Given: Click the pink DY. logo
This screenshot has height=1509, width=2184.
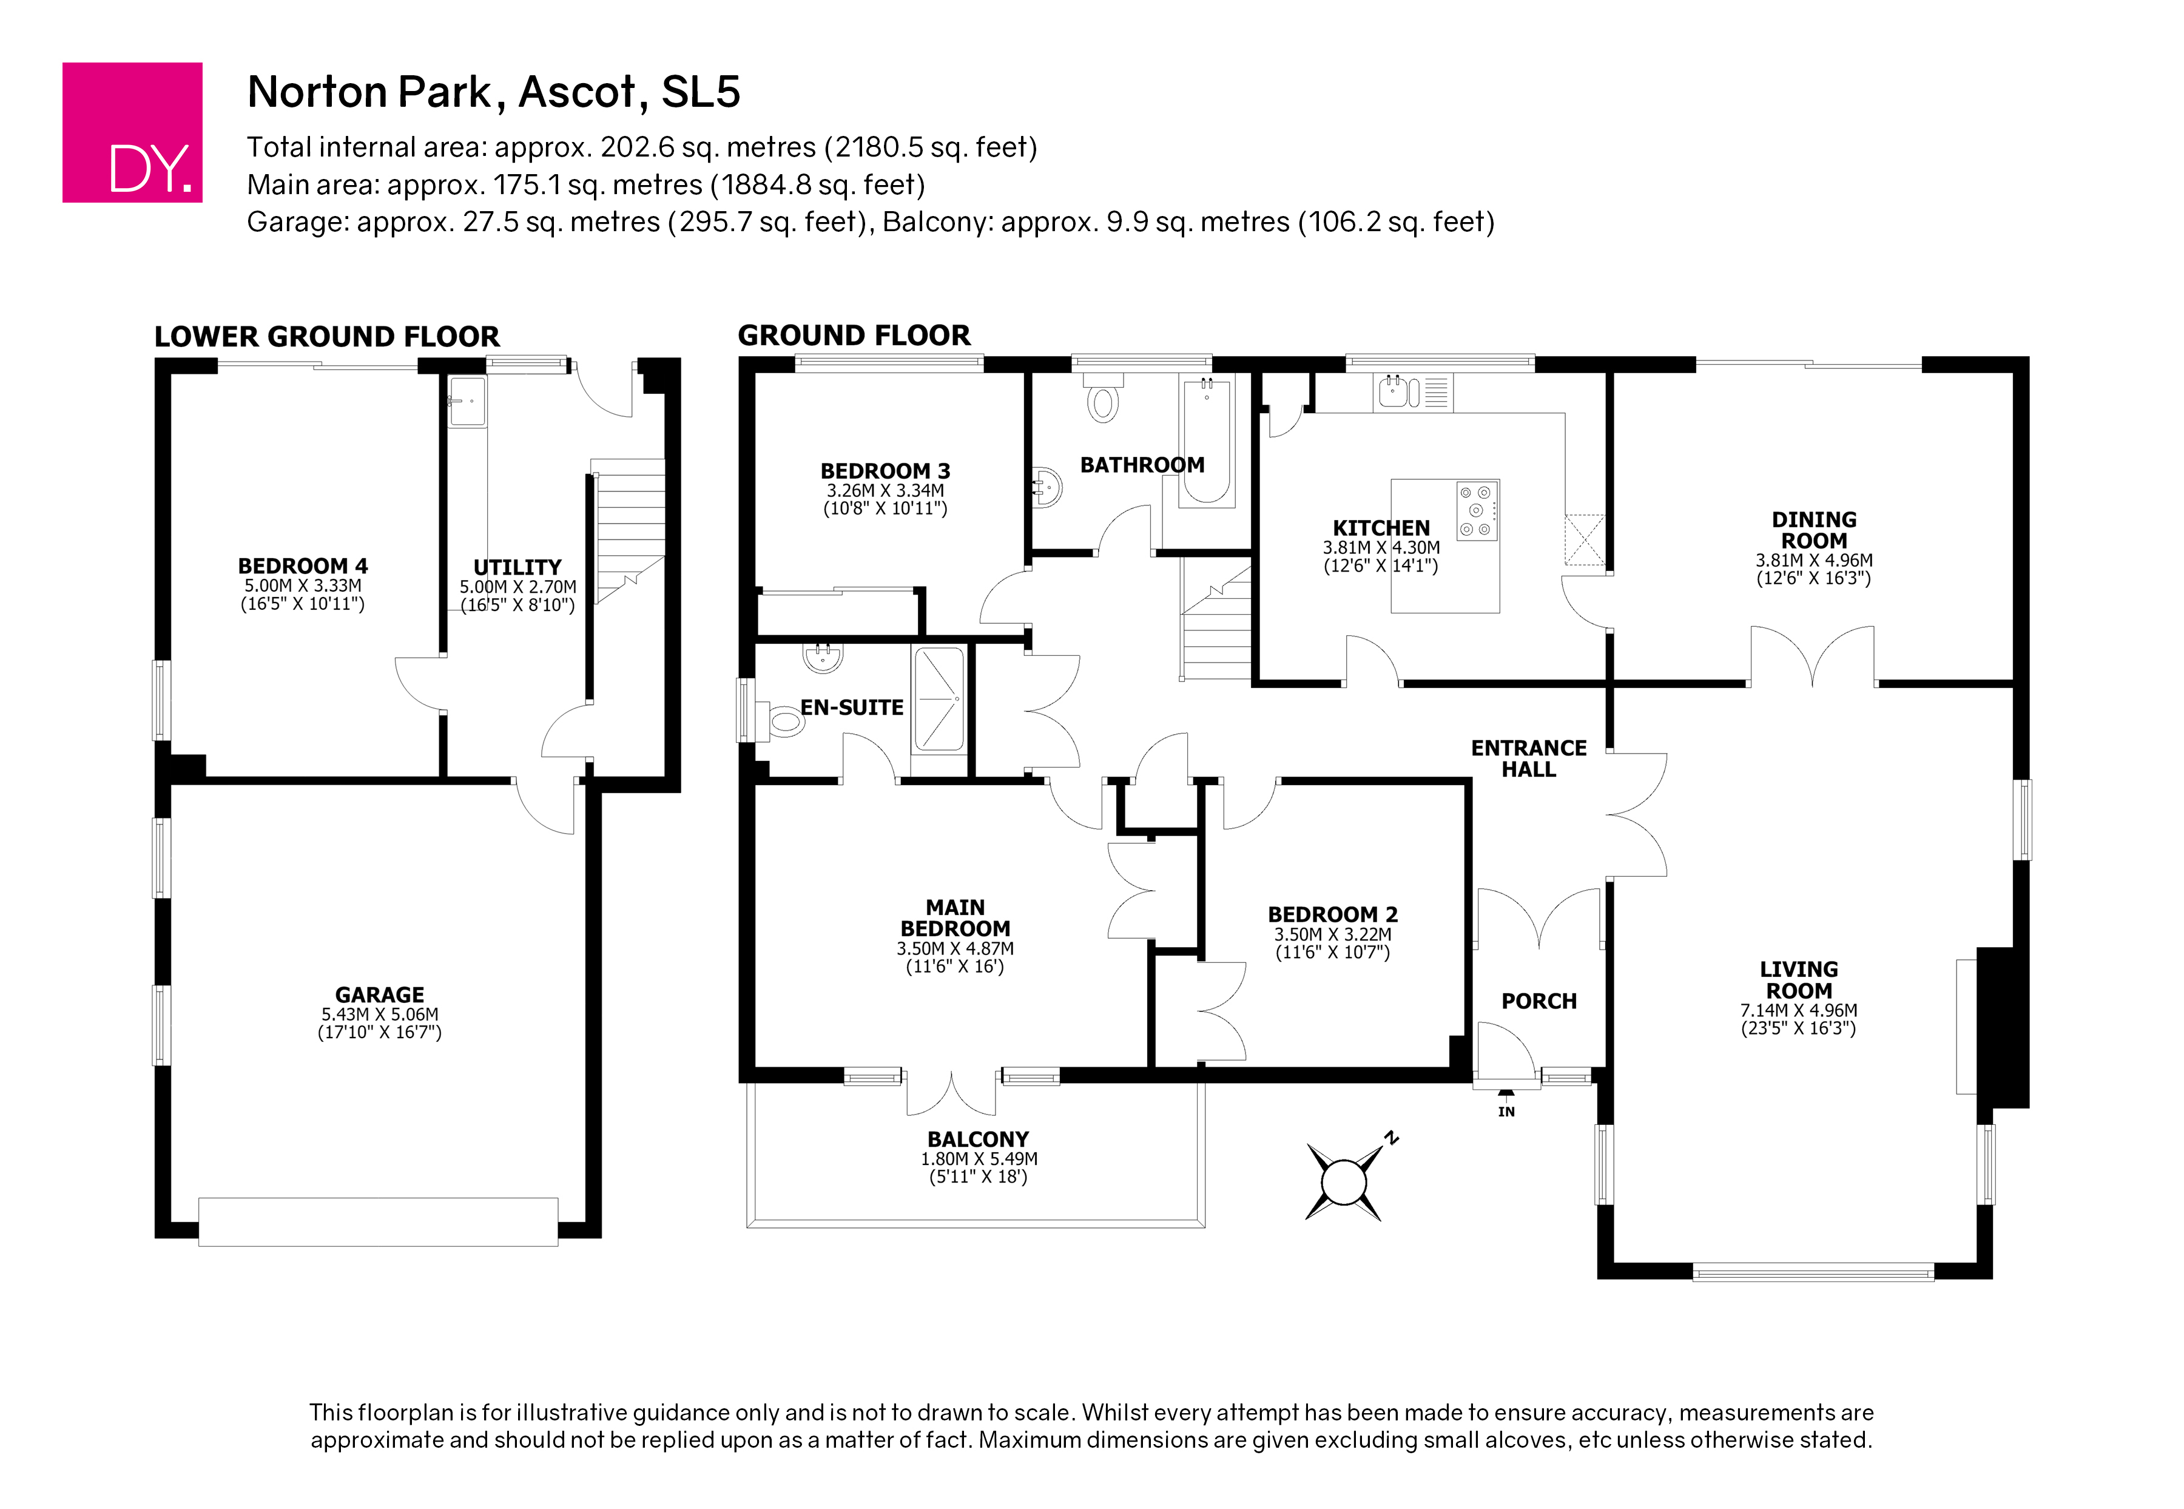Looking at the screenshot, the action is [x=132, y=132].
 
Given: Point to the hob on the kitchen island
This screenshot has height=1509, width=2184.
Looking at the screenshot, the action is [x=1477, y=510].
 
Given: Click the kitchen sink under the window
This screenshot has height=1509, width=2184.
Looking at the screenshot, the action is [x=1412, y=391].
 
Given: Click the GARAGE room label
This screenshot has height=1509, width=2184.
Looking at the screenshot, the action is [x=379, y=994].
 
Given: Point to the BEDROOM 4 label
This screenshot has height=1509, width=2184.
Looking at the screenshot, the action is [x=303, y=566].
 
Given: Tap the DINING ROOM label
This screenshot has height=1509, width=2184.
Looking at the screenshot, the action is [x=1813, y=530].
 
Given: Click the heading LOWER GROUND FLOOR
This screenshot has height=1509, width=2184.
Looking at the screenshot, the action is [x=326, y=337].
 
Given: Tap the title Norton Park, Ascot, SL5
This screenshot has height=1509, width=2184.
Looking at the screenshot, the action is [x=494, y=92].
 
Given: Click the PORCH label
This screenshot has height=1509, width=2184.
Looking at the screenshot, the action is [x=1539, y=1001].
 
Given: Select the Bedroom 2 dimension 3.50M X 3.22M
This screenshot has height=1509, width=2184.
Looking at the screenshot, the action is [x=1332, y=934].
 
